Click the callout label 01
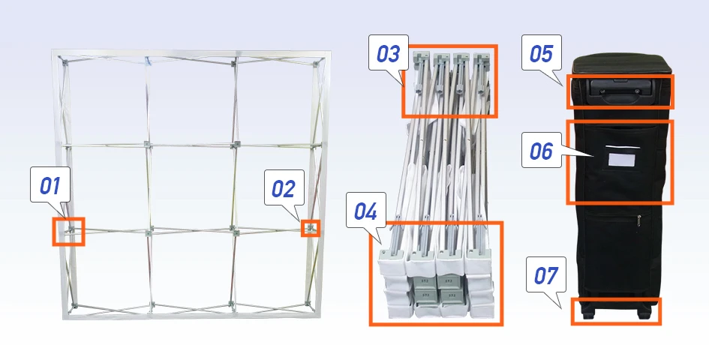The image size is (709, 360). [50, 184]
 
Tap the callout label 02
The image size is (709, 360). [284, 187]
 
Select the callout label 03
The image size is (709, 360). [389, 53]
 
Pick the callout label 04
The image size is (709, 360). [366, 210]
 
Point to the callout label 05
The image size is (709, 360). [541, 53]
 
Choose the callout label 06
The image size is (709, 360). [541, 150]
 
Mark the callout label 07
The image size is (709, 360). [545, 274]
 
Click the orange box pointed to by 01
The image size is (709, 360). [69, 232]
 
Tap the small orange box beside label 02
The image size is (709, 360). [311, 229]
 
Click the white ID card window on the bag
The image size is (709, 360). [622, 160]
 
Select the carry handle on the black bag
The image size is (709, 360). [620, 88]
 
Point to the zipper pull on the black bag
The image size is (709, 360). [639, 221]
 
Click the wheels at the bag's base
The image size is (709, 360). [615, 312]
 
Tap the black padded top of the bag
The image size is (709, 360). [622, 64]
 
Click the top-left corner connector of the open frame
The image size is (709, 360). [65, 61]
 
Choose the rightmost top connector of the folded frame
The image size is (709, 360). [481, 58]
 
